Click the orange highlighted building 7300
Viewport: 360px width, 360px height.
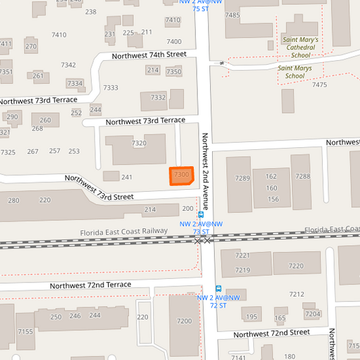pyautogui.click(x=181, y=176)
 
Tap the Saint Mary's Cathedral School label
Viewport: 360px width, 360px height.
pyautogui.click(x=301, y=48)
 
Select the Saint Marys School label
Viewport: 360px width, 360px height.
pyautogui.click(x=295, y=72)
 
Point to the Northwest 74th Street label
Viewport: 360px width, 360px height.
pyautogui.click(x=149, y=55)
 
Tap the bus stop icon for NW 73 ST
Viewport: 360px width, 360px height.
pyautogui.click(x=201, y=215)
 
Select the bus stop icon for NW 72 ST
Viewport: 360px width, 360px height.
pyautogui.click(x=218, y=288)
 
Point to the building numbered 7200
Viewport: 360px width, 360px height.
pyautogui.click(x=184, y=321)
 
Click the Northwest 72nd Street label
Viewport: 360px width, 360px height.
pyautogui.click(x=272, y=333)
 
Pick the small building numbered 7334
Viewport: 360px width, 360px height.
pyautogui.click(x=75, y=84)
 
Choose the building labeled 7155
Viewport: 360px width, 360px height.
pyautogui.click(x=25, y=332)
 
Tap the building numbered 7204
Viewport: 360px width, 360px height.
pyautogui.click(x=312, y=314)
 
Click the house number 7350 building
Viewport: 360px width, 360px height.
pyautogui.click(x=174, y=72)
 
